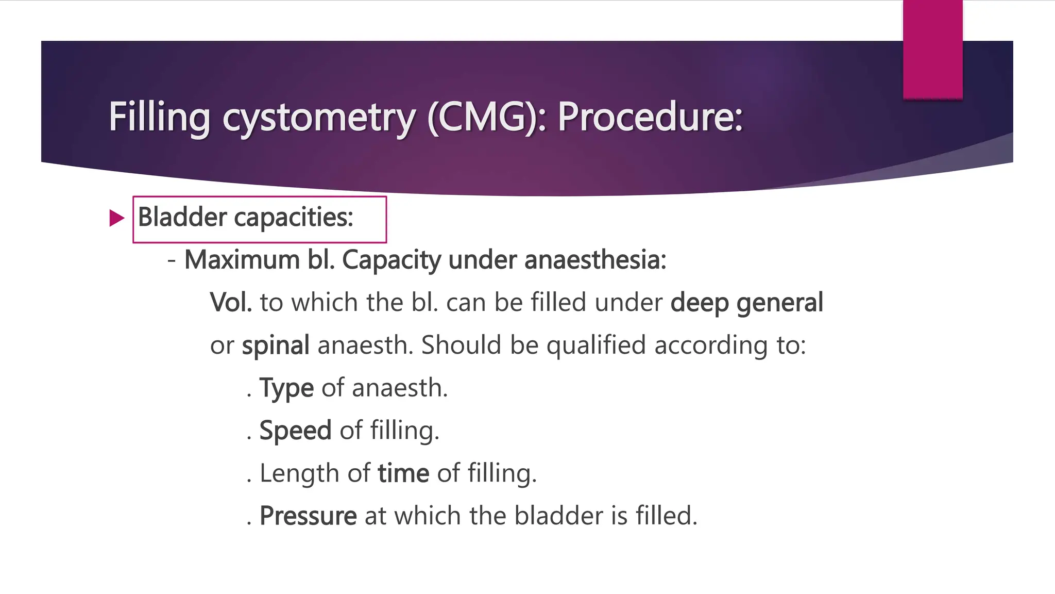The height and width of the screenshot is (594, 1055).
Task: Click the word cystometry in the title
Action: click(318, 117)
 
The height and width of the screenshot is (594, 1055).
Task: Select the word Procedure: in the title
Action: click(650, 117)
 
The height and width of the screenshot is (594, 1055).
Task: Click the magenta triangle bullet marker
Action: click(117, 218)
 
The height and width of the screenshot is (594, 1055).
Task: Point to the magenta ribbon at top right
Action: click(932, 49)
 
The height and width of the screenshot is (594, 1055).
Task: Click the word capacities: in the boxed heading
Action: click(294, 217)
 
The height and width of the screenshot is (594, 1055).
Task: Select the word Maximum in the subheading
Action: click(242, 259)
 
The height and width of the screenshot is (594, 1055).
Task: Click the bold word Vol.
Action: click(231, 302)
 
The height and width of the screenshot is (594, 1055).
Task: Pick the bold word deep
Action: click(699, 302)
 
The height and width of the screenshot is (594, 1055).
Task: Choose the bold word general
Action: click(779, 302)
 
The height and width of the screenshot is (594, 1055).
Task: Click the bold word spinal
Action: click(276, 345)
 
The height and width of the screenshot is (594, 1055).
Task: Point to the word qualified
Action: click(595, 345)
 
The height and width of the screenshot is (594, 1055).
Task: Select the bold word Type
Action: click(286, 388)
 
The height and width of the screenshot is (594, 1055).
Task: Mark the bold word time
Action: click(403, 473)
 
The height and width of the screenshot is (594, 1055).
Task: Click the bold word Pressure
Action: click(308, 516)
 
